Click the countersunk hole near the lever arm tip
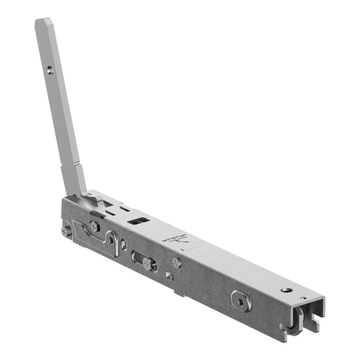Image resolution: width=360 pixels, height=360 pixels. point(50,72)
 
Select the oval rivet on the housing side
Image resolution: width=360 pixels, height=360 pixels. point(240,300)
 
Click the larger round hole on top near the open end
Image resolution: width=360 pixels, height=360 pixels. point(287,290)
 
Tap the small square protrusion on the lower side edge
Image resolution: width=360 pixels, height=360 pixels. point(169,275)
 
